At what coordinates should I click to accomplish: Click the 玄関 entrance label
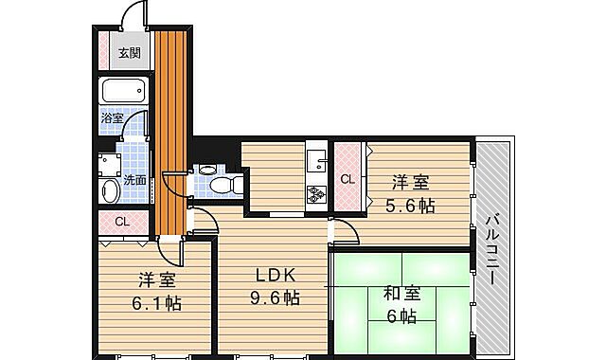click(128, 53)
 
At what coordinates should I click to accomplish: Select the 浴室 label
click(112, 118)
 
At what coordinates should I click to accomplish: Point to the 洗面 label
click(134, 179)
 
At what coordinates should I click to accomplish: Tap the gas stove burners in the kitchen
click(314, 194)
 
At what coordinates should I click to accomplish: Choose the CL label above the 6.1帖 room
click(121, 223)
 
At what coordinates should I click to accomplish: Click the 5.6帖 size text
click(409, 205)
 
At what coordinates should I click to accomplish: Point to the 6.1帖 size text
click(156, 303)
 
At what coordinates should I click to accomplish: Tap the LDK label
click(276, 276)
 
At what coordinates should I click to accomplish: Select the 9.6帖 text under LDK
click(276, 298)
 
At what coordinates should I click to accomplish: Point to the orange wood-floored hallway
click(171, 133)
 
